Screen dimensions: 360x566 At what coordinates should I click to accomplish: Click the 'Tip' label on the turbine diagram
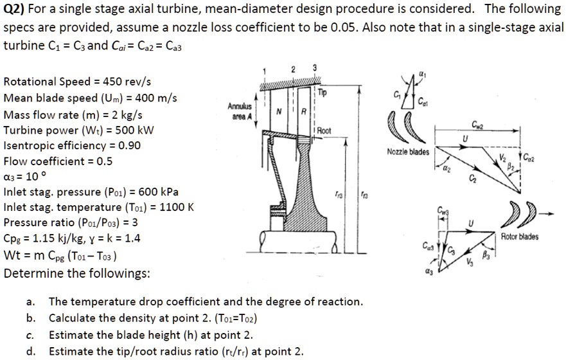pyautogui.click(x=322, y=92)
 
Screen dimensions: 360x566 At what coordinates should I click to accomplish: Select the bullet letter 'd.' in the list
pyautogui.click(x=31, y=351)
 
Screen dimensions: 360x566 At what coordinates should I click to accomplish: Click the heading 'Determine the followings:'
pyautogui.click(x=77, y=273)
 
